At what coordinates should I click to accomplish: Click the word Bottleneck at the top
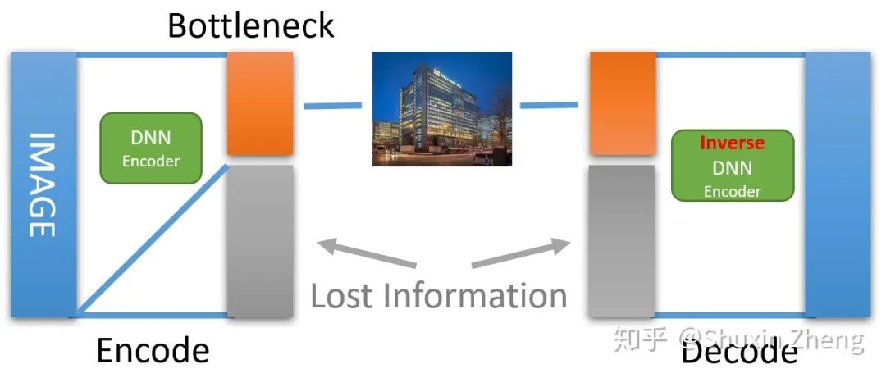click(x=251, y=25)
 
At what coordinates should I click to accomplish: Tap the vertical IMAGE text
click(x=42, y=184)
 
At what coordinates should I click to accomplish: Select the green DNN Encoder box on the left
click(x=150, y=148)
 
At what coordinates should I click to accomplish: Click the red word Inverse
click(x=732, y=143)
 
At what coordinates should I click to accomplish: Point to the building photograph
click(x=442, y=109)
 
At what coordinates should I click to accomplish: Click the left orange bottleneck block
click(x=260, y=102)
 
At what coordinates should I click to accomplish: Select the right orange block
click(x=623, y=102)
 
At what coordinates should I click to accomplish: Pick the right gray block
click(x=623, y=240)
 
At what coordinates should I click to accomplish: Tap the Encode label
click(x=153, y=351)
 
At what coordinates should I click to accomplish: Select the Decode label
click(x=739, y=353)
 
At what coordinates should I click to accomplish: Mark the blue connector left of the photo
click(x=332, y=106)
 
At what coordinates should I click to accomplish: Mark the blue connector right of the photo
click(x=549, y=105)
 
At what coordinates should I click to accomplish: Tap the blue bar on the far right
click(x=837, y=184)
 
